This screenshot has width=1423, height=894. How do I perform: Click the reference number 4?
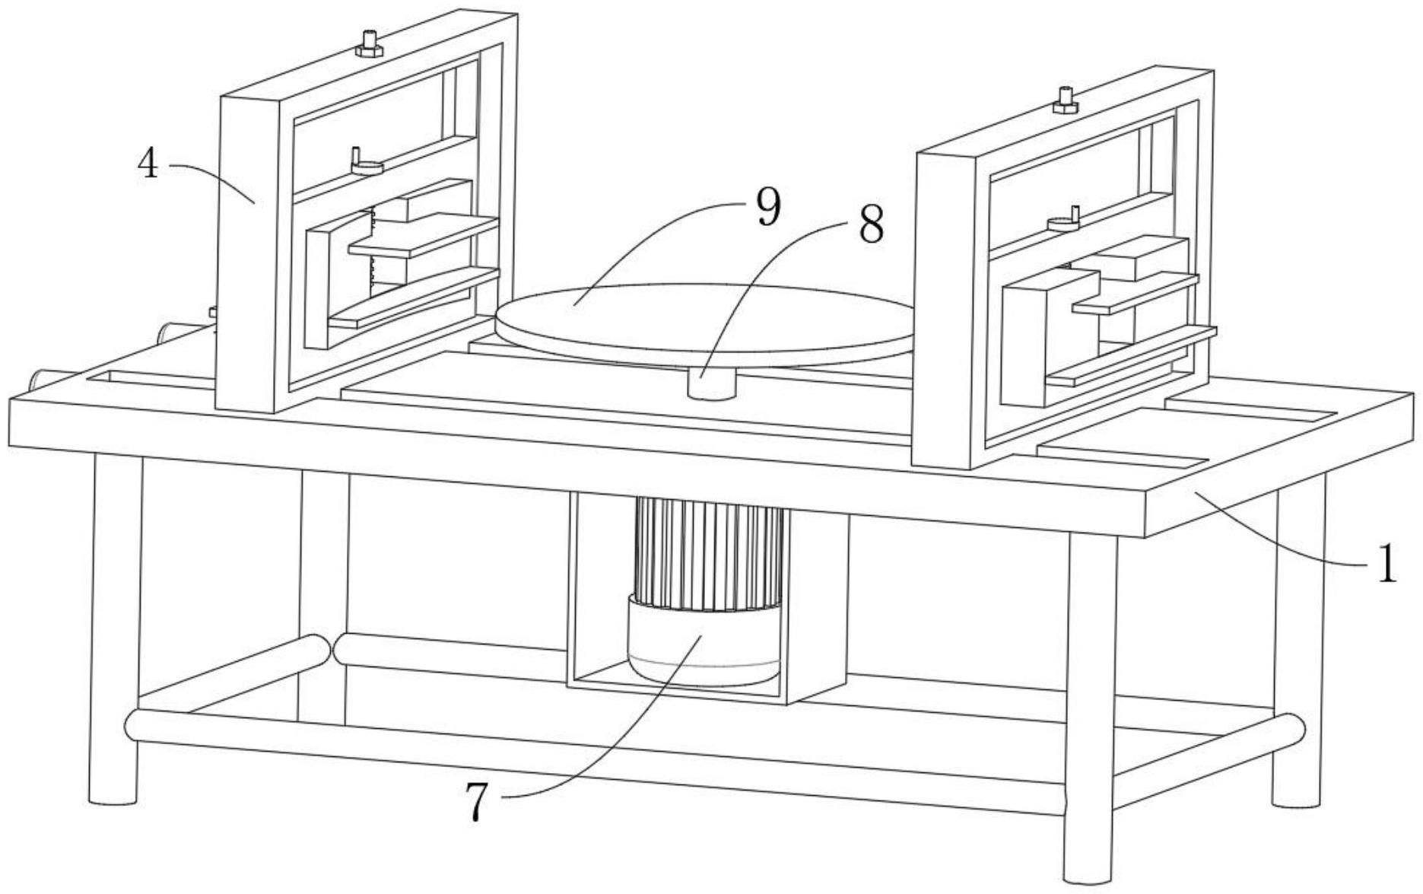click(x=148, y=163)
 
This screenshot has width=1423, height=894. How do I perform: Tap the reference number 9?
click(x=769, y=208)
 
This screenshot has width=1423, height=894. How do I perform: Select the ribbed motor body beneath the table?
click(x=709, y=552)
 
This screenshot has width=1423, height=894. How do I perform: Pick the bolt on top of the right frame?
click(x=1065, y=100)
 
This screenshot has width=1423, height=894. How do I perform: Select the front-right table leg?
click(x=1090, y=708)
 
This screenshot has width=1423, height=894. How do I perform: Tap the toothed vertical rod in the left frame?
click(x=372, y=251)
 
